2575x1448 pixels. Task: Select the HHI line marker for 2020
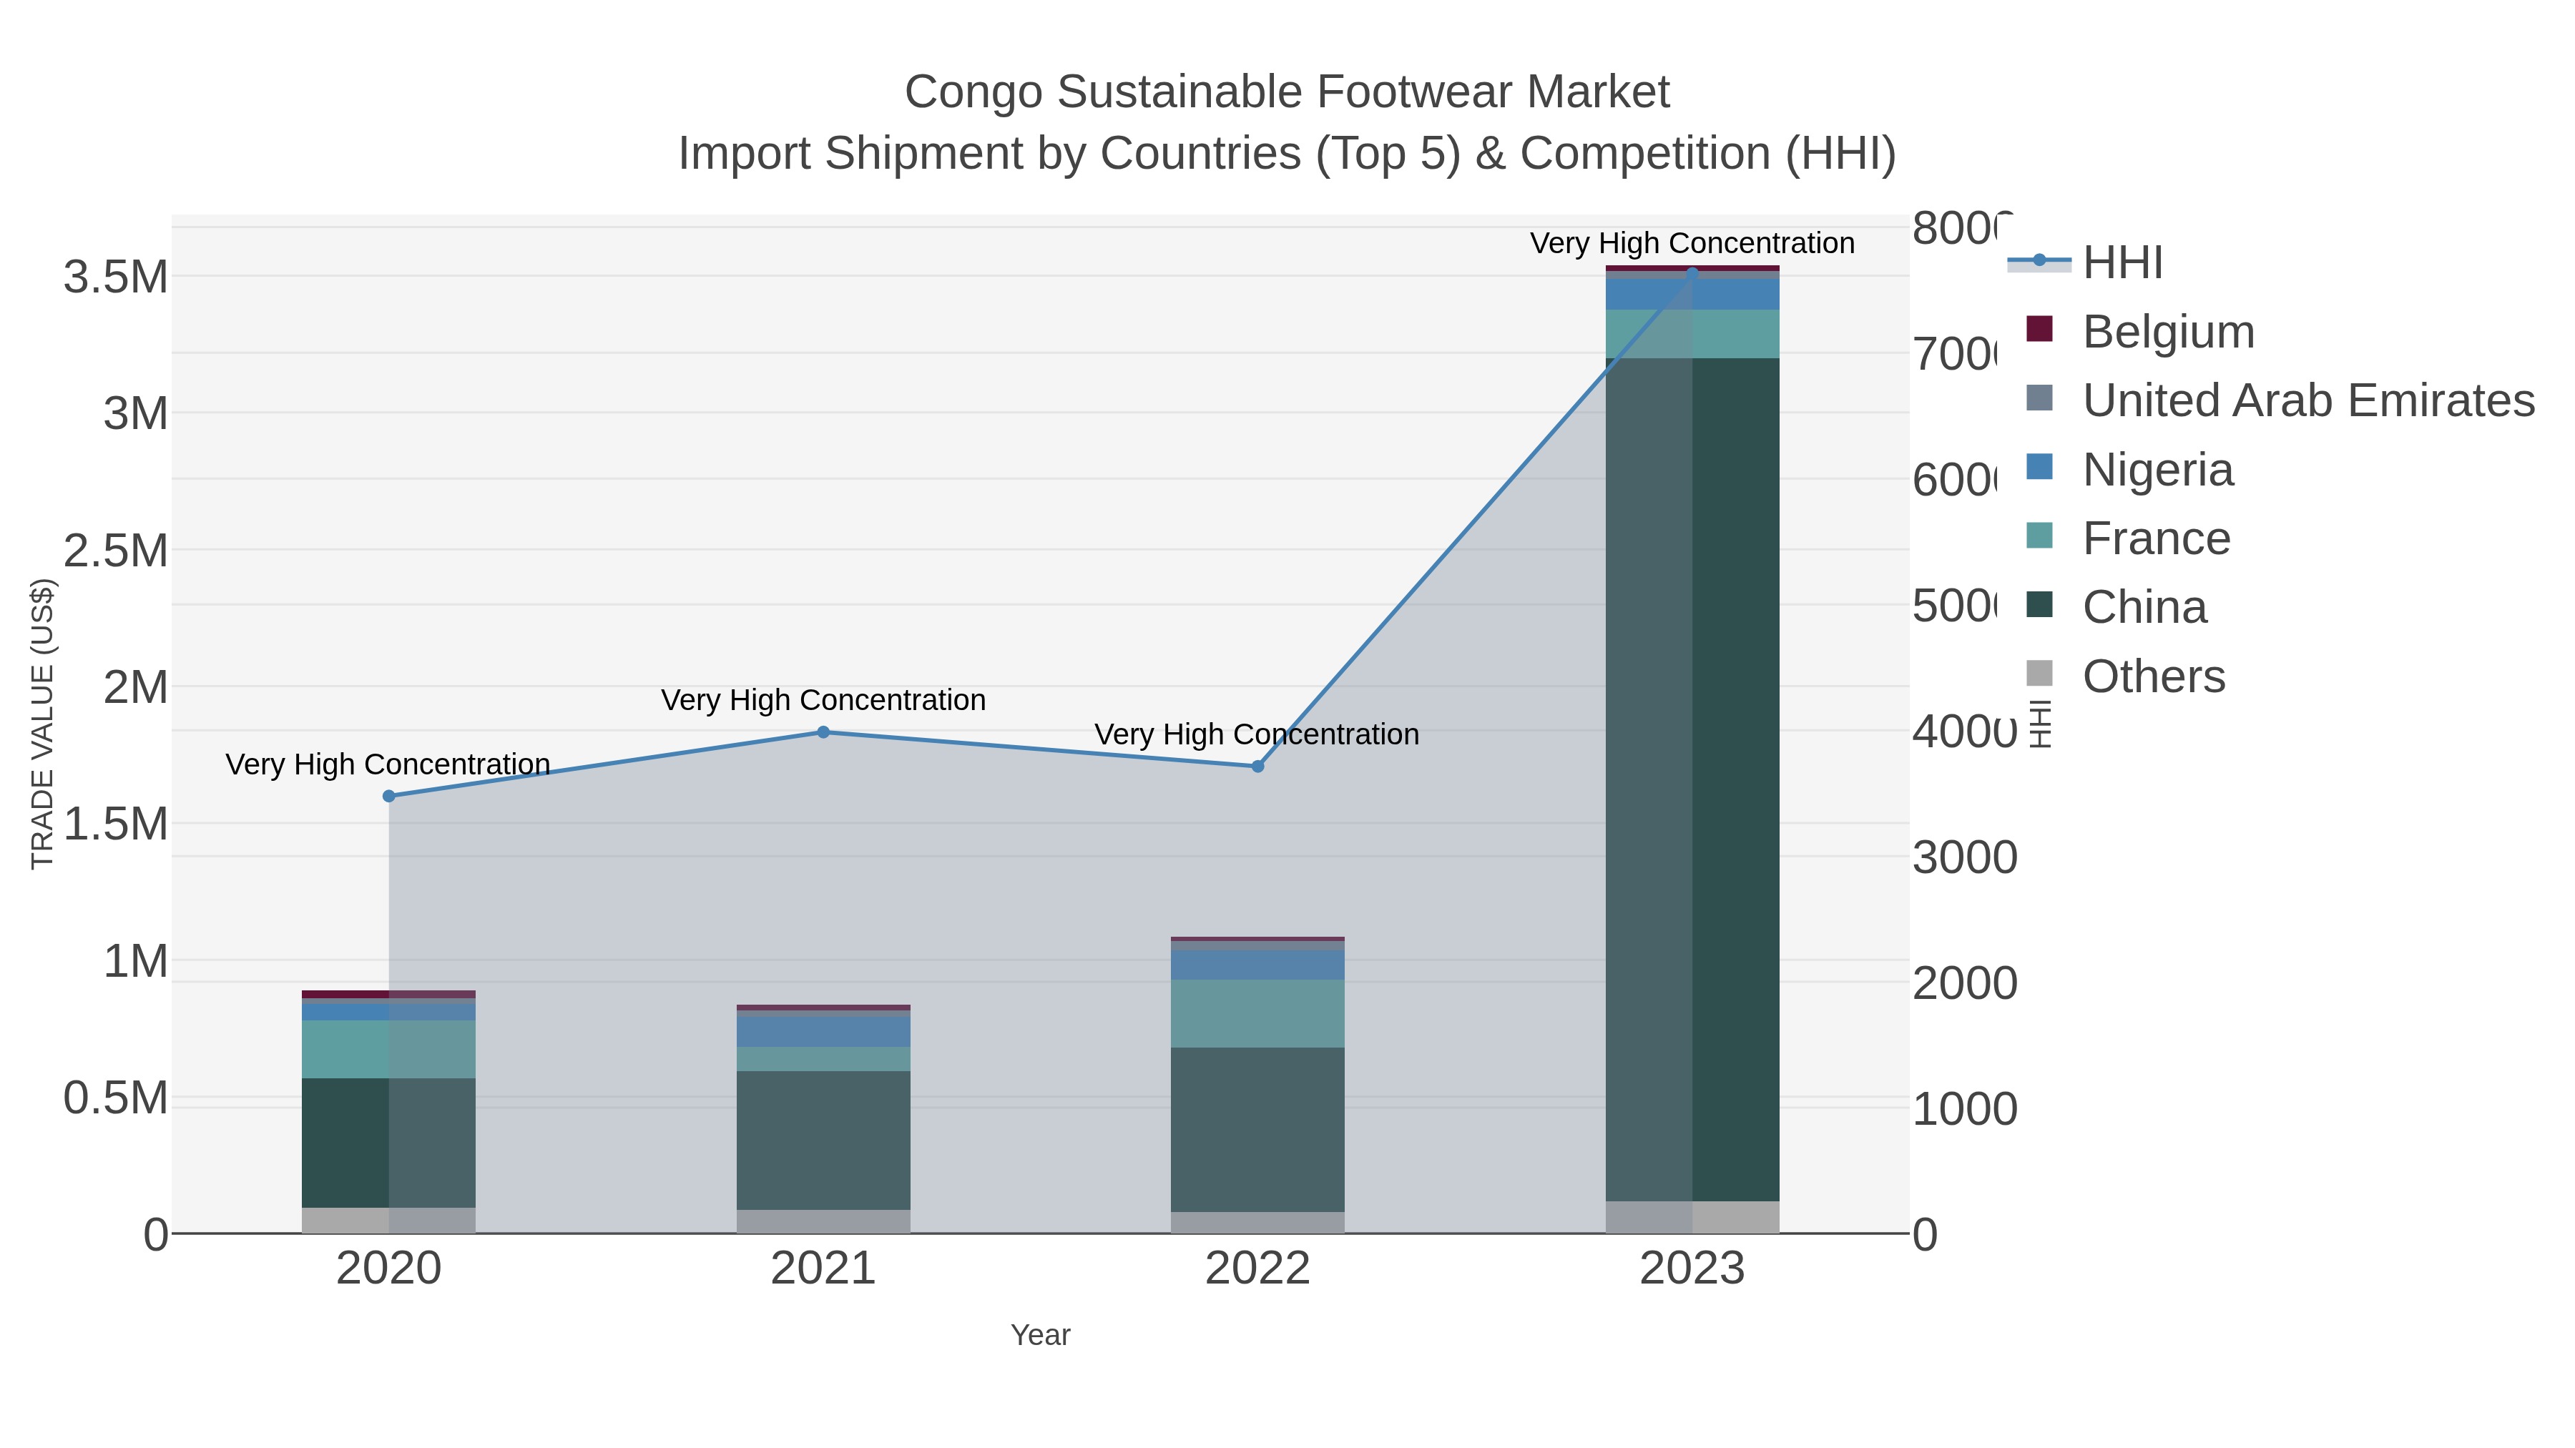pos(389,797)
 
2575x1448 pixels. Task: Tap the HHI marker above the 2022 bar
pos(1257,767)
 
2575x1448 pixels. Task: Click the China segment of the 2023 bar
pos(1692,779)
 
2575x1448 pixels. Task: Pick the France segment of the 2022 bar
pos(1257,1013)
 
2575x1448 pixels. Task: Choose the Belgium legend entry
pos(2167,332)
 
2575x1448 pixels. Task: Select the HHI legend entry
pos(2122,263)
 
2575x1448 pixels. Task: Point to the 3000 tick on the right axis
pos(1964,857)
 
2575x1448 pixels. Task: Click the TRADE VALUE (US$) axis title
pos(42,724)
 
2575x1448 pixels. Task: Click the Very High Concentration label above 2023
pos(1692,243)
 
